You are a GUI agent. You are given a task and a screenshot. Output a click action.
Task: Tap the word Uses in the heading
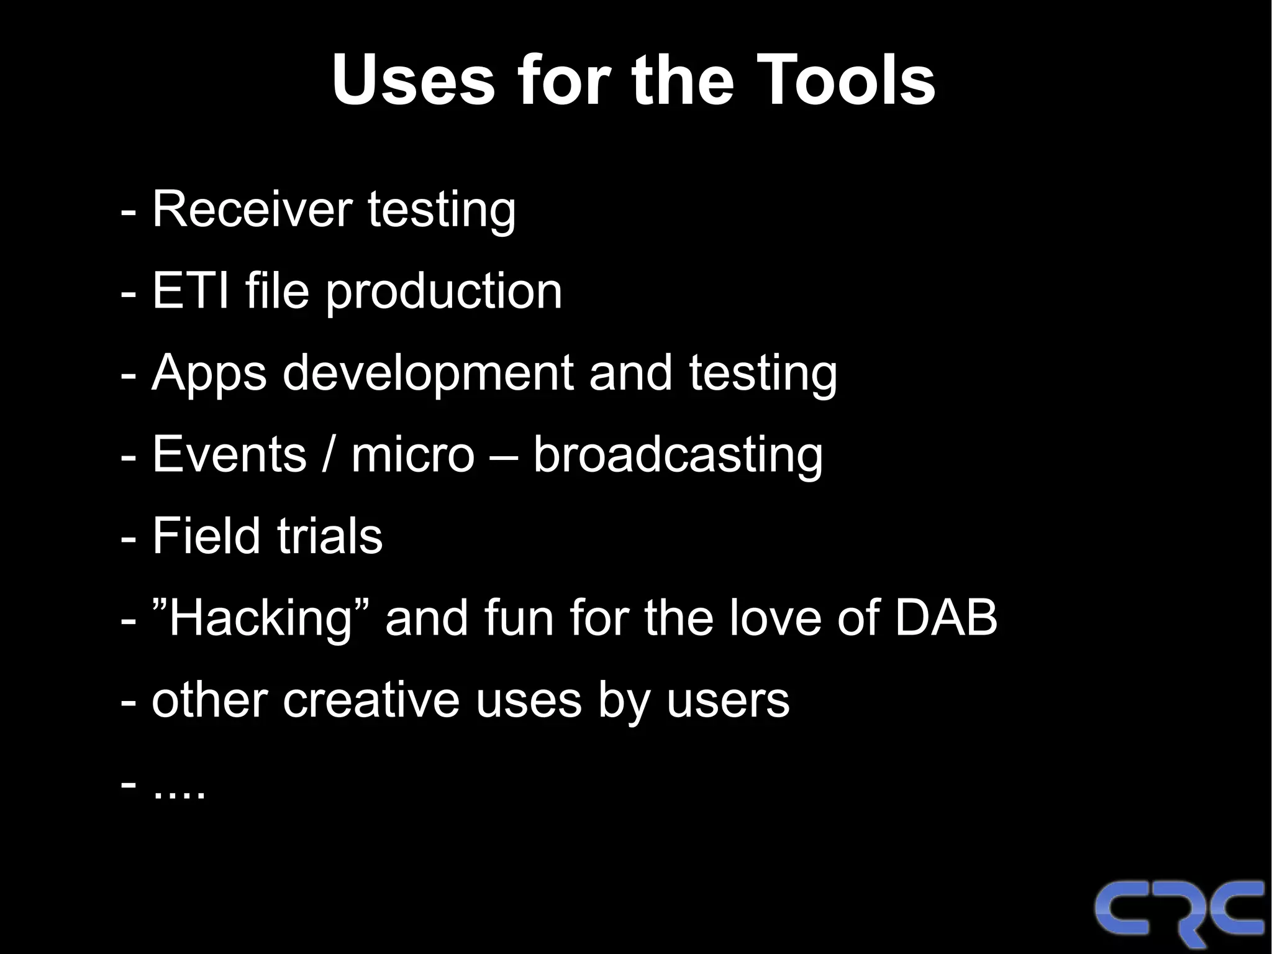pyautogui.click(x=413, y=80)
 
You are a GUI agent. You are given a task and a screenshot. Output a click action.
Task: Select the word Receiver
pyautogui.click(x=252, y=209)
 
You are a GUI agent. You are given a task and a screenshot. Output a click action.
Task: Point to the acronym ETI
pyautogui.click(x=190, y=291)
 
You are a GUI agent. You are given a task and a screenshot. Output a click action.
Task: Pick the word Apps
pyautogui.click(x=209, y=374)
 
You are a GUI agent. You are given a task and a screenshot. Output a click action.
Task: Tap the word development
pyautogui.click(x=428, y=374)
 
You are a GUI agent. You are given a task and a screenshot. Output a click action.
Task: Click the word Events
pyautogui.click(x=229, y=454)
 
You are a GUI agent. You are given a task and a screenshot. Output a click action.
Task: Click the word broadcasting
pyautogui.click(x=678, y=456)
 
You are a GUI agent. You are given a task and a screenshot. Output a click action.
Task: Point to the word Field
pyautogui.click(x=206, y=536)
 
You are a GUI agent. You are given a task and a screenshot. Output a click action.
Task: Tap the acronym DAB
pyautogui.click(x=945, y=618)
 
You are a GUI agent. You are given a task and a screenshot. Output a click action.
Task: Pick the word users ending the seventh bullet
pyautogui.click(x=727, y=700)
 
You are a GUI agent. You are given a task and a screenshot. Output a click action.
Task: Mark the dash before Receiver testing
pyautogui.click(x=128, y=212)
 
